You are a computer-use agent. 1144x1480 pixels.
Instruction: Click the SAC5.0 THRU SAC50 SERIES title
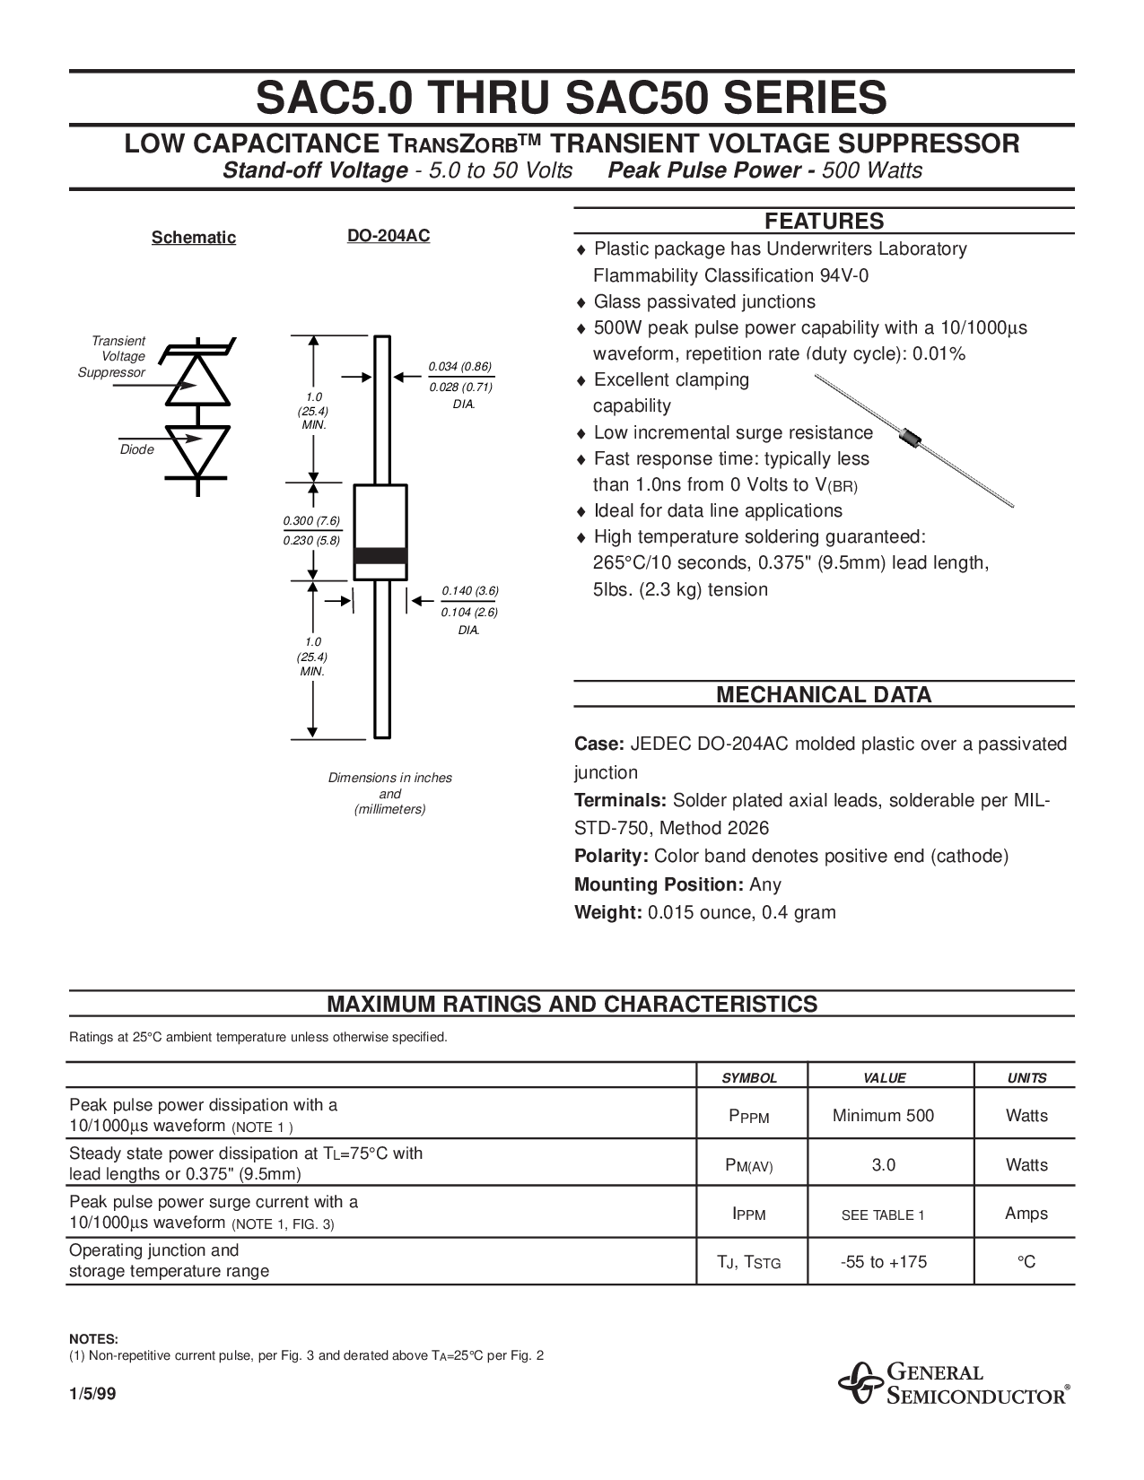click(572, 98)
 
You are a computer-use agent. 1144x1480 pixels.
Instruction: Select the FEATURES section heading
click(823, 222)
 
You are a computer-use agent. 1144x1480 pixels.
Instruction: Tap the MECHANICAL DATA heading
click(823, 694)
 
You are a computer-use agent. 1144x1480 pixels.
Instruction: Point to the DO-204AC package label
click(389, 236)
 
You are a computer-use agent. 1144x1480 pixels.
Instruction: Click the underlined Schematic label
click(193, 237)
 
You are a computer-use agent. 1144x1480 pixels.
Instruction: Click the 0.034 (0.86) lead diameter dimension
click(460, 366)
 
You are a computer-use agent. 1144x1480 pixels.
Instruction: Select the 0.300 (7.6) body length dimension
click(311, 521)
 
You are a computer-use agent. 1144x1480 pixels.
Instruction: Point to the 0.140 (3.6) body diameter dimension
click(469, 590)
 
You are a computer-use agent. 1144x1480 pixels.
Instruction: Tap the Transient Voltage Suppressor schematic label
click(115, 357)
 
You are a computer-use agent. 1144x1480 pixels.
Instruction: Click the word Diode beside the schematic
click(137, 449)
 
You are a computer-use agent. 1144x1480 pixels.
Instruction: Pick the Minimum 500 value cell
click(883, 1116)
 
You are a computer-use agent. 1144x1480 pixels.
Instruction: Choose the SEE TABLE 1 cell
click(883, 1214)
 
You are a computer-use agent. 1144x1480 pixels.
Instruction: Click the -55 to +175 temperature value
click(883, 1262)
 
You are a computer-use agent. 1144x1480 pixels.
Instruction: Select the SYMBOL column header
click(750, 1078)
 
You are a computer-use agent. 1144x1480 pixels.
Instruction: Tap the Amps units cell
click(1026, 1214)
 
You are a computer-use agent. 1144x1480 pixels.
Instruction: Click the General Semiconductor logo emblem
click(860, 1385)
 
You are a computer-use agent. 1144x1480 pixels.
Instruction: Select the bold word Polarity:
click(611, 856)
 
